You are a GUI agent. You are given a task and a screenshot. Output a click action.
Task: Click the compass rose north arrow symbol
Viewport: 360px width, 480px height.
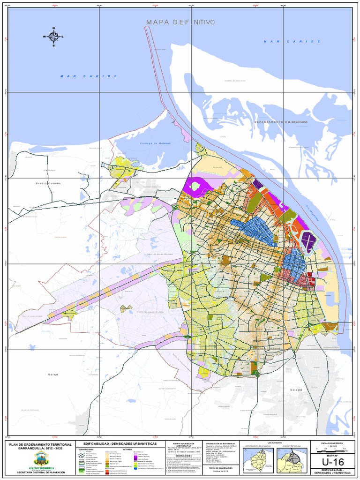53,36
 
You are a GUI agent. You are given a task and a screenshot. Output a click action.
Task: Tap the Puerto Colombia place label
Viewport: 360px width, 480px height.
48,183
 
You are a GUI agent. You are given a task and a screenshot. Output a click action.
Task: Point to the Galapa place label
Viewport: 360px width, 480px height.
53,374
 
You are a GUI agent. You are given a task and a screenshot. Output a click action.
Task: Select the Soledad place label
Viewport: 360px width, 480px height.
296,390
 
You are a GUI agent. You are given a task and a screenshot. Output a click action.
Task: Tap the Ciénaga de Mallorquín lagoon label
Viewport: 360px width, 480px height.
154,143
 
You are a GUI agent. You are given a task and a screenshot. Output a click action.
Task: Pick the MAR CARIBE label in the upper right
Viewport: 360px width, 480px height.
292,41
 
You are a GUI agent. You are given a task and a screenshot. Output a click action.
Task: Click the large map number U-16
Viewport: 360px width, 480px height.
333,463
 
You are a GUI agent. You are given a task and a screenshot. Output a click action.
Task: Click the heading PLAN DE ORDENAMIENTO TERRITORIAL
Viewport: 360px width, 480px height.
38,444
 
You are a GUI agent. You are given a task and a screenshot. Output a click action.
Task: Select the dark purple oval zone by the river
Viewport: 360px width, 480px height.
309,240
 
